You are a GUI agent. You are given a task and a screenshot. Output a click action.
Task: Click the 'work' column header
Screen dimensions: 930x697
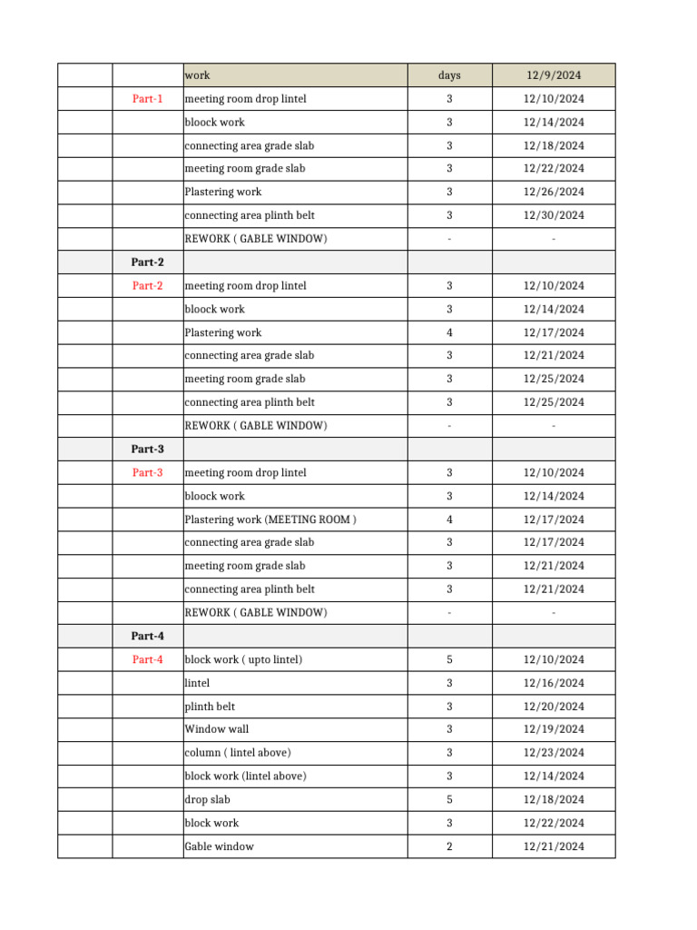198,75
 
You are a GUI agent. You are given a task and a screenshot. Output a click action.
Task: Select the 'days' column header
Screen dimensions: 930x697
449,75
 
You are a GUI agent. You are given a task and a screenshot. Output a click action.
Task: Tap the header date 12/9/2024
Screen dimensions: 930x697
554,75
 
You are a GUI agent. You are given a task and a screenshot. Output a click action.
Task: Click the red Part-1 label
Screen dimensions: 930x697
147,99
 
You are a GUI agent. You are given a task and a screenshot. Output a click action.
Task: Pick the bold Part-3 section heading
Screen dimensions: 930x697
147,450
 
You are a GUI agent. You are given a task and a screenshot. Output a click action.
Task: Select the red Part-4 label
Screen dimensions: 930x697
147,659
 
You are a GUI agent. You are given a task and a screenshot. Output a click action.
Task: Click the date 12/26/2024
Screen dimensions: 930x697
554,193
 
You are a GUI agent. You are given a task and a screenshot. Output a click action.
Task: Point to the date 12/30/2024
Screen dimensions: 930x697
554,215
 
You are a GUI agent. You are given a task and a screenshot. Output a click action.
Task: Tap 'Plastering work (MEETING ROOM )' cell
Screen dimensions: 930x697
270,519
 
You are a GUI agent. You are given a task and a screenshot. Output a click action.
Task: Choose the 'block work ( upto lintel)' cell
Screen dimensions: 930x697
243,659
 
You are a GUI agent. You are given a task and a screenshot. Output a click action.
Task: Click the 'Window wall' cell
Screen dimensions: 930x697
217,729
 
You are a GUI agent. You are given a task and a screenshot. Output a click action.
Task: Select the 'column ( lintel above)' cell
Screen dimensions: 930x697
238,753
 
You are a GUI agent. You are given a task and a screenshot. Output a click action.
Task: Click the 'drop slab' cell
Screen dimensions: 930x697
208,800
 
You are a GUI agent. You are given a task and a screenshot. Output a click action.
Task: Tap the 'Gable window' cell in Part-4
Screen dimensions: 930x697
220,846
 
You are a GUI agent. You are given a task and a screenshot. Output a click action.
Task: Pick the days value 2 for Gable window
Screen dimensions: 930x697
449,846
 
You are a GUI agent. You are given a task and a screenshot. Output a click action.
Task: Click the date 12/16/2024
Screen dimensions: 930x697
554,683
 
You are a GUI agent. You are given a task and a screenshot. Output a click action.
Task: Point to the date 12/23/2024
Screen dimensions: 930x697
554,753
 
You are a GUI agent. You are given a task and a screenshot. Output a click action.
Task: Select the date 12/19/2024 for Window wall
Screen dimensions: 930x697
554,729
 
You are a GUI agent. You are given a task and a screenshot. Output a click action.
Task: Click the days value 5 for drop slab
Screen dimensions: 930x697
449,800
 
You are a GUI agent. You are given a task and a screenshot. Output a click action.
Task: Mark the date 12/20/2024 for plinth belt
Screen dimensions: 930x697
554,707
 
